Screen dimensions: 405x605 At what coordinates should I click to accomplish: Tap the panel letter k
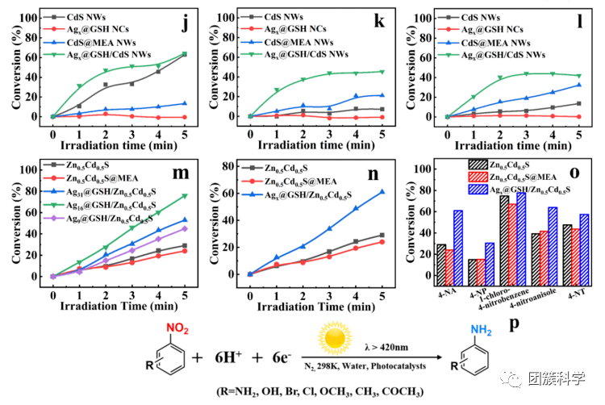(x=379, y=22)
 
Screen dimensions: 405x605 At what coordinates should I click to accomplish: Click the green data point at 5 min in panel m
(x=185, y=196)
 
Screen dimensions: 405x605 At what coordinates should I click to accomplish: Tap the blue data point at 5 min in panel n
(x=382, y=192)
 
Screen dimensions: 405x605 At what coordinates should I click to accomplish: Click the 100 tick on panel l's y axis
(x=432, y=17)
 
